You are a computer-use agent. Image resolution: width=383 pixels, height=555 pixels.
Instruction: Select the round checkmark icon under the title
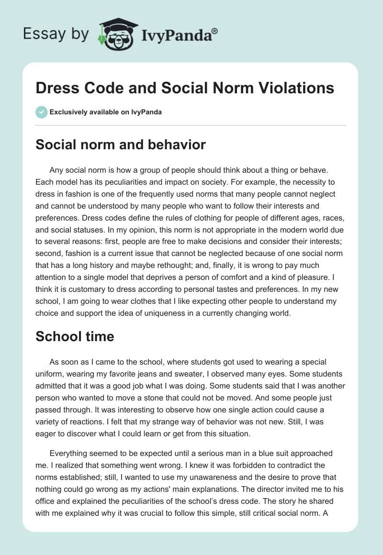coord(41,112)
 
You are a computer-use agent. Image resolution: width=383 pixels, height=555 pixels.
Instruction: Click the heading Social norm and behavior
coord(121,145)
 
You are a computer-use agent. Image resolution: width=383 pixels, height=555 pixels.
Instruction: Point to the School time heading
coord(75,336)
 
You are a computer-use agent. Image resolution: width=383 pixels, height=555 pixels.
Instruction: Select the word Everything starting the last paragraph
coord(71,453)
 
